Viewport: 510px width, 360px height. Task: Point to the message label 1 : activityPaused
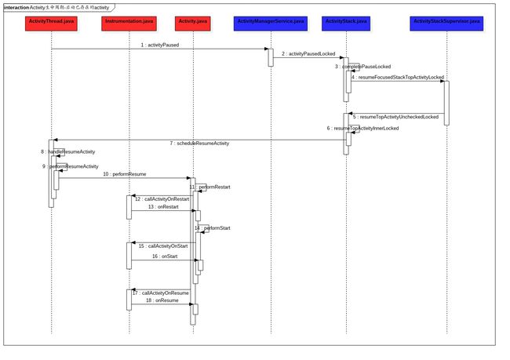click(160, 45)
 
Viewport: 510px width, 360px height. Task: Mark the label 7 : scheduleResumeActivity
click(199, 144)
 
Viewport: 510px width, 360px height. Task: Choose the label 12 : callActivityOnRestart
click(166, 199)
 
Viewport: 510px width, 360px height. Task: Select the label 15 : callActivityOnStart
click(164, 246)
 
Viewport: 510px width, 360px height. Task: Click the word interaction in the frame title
click(16, 7)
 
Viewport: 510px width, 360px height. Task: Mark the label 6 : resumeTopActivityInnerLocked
click(363, 128)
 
